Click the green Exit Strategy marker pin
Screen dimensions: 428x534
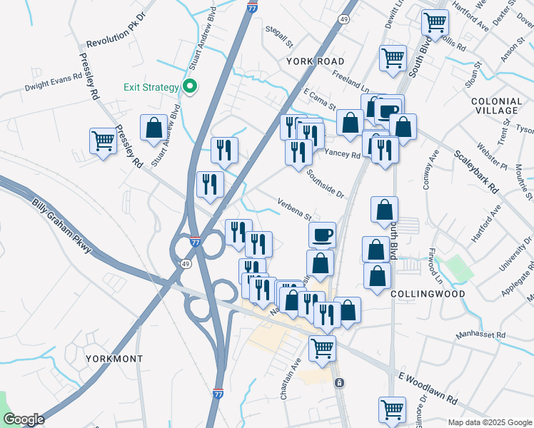[190, 87]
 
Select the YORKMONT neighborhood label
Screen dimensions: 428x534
[114, 358]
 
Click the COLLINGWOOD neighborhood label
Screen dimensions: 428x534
[429, 293]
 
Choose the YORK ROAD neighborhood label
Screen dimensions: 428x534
[315, 61]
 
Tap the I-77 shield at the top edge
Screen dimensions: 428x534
[252, 7]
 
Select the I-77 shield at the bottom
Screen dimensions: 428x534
[218, 393]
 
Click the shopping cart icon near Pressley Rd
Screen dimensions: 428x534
[103, 141]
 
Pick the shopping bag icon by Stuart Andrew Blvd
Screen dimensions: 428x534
[153, 128]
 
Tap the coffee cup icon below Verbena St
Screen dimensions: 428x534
[322, 233]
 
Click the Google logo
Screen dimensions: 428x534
[24, 420]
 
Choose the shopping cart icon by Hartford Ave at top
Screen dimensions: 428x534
[434, 21]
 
